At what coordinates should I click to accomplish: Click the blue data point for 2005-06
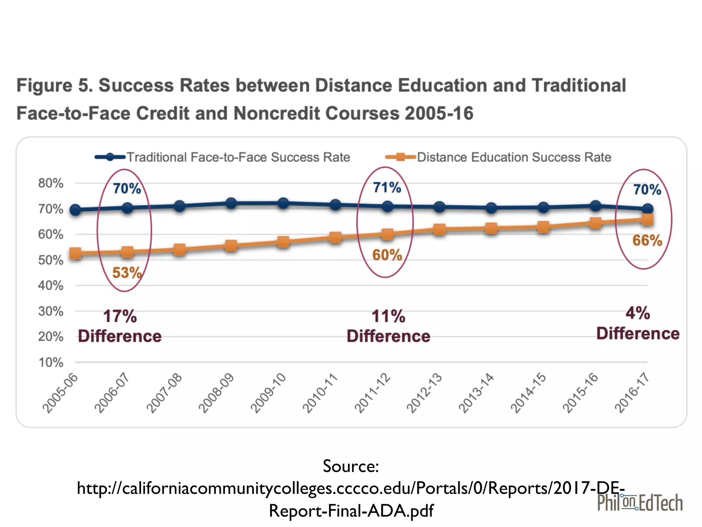(75, 210)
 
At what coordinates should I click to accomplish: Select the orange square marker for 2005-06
(75, 254)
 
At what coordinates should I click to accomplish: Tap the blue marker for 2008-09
(231, 203)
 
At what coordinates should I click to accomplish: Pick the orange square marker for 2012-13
(439, 229)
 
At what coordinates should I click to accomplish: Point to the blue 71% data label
(387, 188)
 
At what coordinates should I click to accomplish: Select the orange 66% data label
(647, 241)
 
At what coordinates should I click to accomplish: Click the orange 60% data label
(387, 255)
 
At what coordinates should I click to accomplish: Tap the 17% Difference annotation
(120, 326)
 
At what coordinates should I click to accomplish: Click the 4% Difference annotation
(638, 323)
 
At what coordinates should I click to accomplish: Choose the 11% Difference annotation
(388, 326)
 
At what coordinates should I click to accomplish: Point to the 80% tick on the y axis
(51, 183)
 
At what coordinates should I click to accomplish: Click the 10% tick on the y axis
(51, 362)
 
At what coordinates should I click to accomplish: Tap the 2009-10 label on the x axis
(268, 393)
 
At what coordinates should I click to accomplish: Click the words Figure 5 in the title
(54, 85)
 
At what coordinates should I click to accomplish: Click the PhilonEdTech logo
(640, 503)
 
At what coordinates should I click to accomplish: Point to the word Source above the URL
(350, 466)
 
